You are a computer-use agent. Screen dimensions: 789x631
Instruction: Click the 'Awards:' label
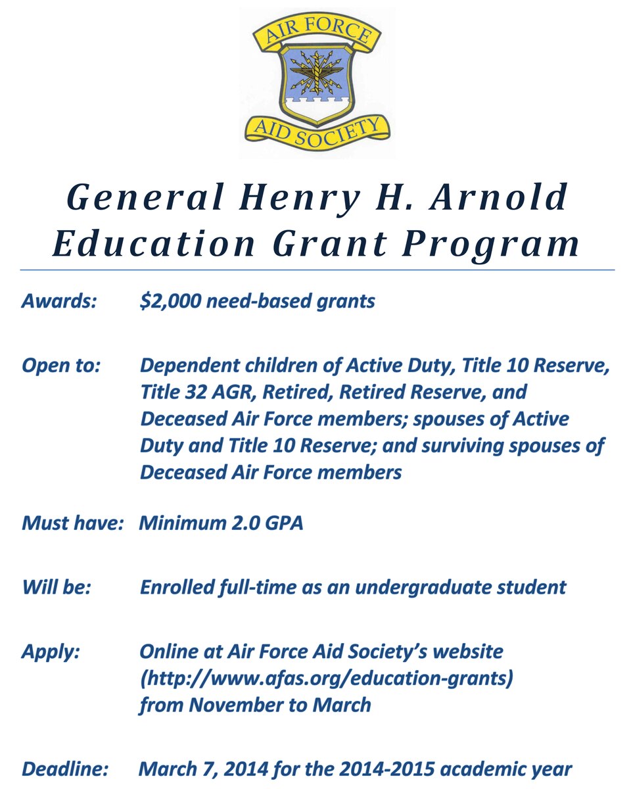point(59,302)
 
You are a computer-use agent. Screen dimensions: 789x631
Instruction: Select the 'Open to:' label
point(60,366)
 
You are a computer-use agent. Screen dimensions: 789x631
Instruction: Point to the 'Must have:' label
point(73,524)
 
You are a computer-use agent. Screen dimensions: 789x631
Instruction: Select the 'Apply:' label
point(51,652)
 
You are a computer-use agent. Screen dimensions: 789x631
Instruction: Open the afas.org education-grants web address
point(326,678)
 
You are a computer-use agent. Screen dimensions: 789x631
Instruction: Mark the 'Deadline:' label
point(64,769)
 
